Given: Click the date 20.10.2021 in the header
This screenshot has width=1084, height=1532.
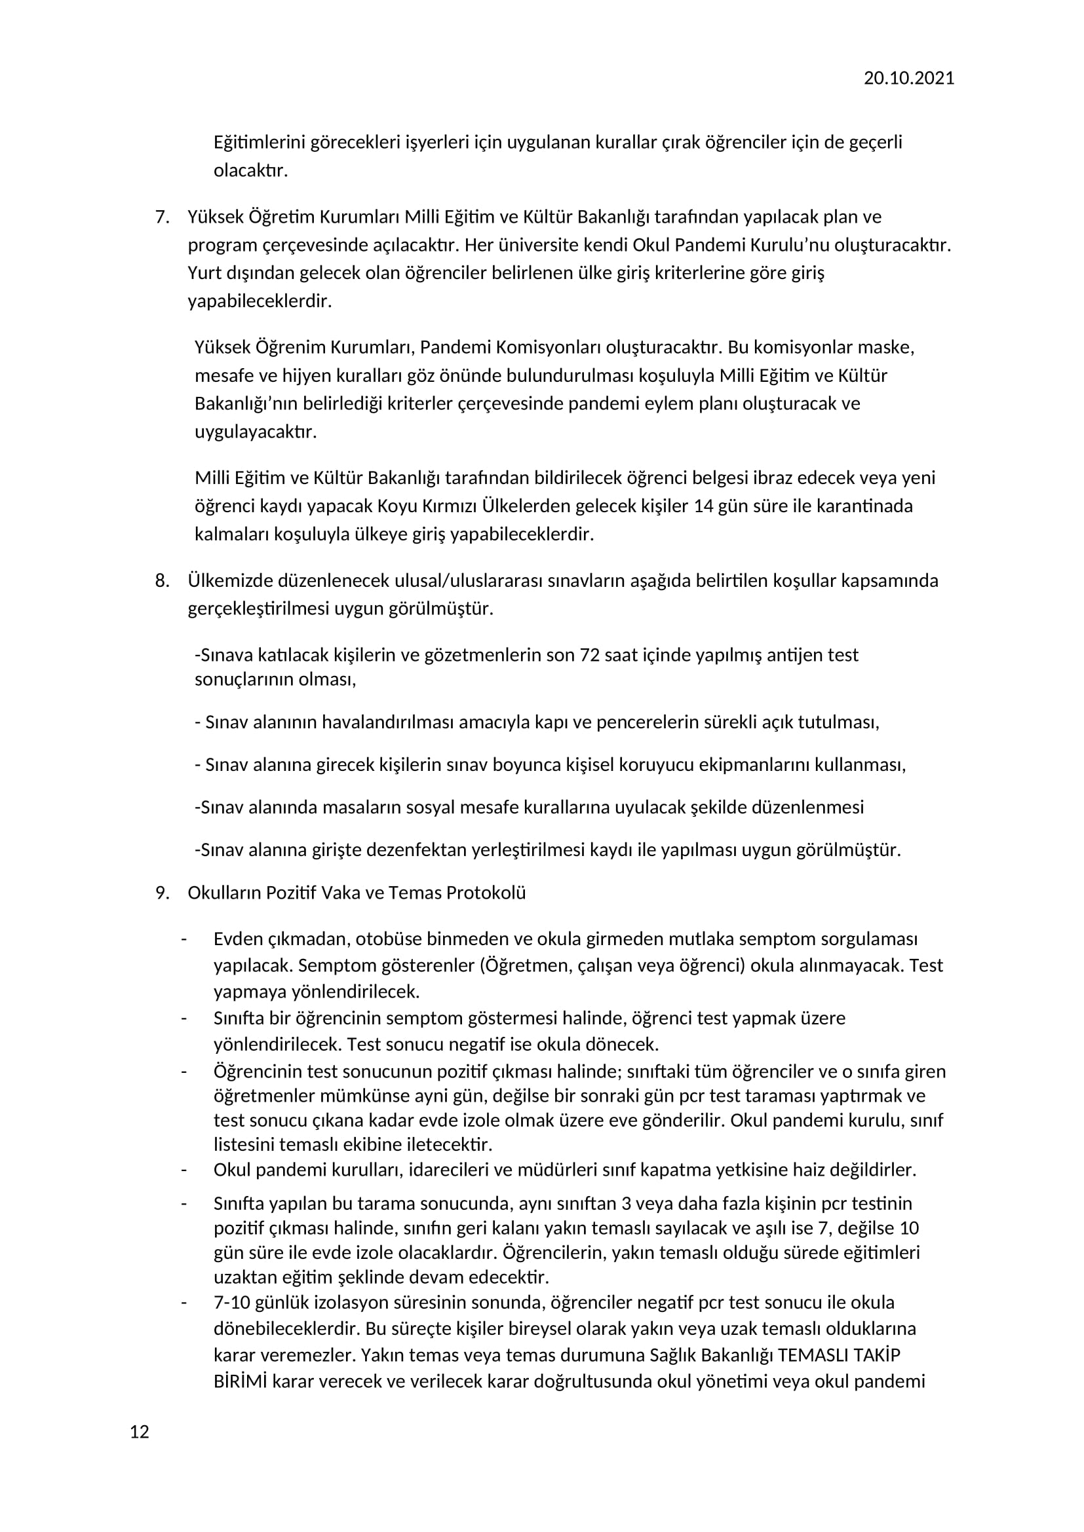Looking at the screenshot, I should [908, 79].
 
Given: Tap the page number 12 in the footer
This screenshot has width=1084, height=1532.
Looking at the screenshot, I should [140, 1451].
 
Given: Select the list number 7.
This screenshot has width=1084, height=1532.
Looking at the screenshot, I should [162, 217].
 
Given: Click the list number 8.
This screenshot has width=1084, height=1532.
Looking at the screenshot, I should [162, 580].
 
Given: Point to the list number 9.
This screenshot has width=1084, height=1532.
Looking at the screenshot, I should [162, 893].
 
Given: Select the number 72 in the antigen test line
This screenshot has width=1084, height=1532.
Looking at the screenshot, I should [589, 655].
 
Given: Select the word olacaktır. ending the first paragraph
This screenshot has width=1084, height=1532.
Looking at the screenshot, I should [250, 171].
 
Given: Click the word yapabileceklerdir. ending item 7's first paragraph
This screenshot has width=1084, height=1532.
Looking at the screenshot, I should [259, 301].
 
